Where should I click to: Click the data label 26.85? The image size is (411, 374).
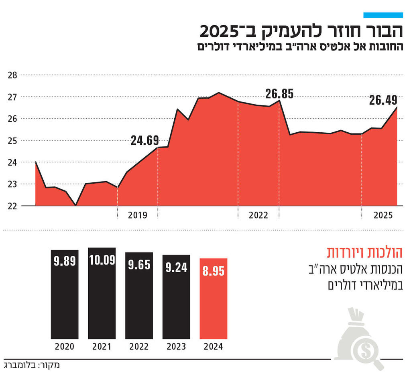pos(279,94)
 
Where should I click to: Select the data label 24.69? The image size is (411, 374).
pos(144,141)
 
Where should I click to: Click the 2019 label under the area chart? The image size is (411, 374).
pos(138,215)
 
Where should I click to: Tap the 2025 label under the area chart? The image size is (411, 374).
pos(383,215)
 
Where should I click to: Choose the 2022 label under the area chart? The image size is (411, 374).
pos(258,215)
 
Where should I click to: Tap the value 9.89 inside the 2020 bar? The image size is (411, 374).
pos(65,261)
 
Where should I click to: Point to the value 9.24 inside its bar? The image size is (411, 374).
pos(176,267)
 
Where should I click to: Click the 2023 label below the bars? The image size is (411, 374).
pos(176,347)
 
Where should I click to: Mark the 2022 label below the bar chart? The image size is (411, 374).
pos(139,347)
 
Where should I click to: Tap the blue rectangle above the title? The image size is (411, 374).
pos(383,15)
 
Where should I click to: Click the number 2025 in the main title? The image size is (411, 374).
pos(220,31)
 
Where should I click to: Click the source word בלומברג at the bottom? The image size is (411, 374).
pos(18,366)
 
